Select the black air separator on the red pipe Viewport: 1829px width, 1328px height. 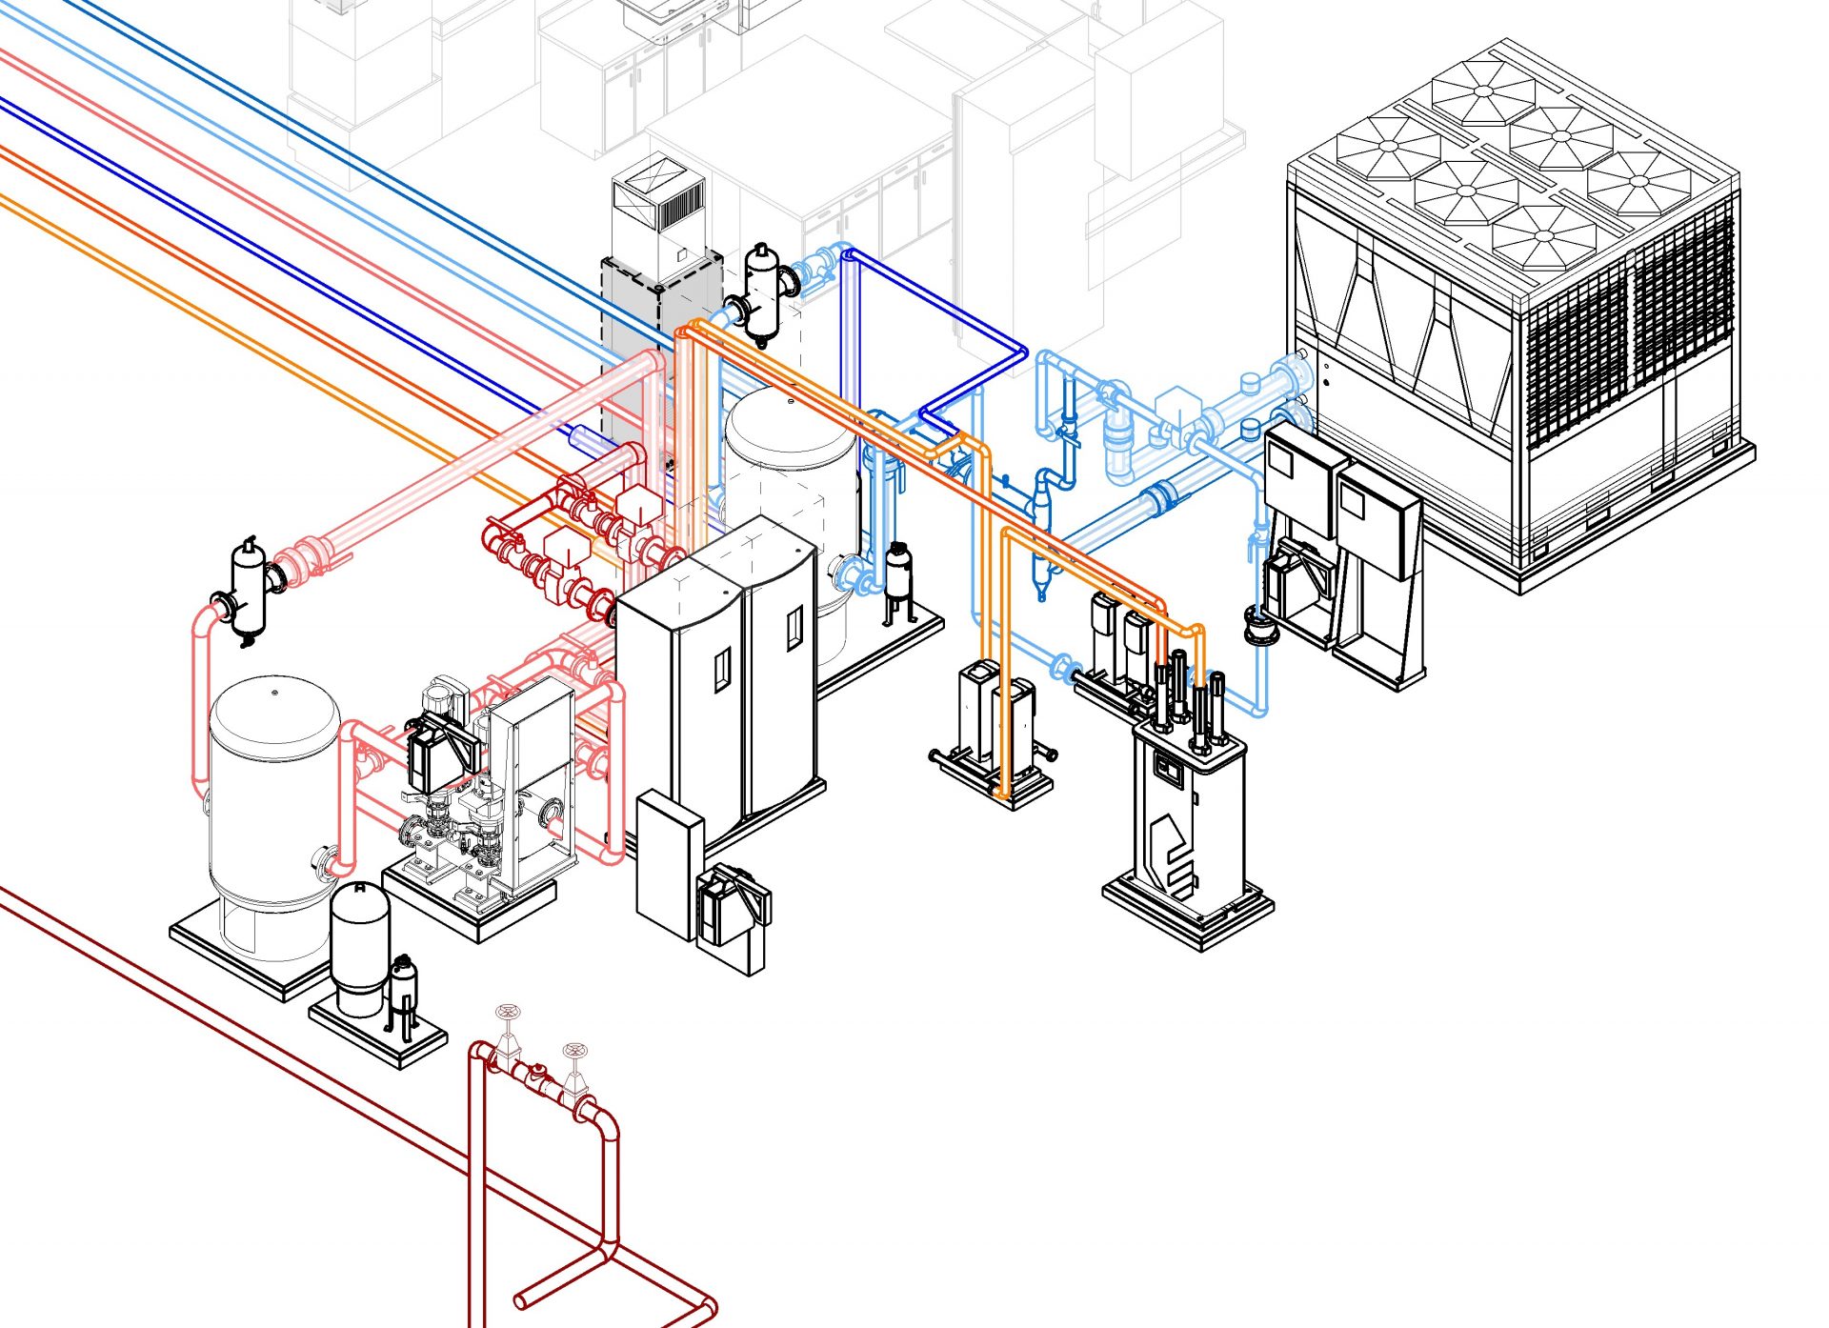pyautogui.click(x=249, y=589)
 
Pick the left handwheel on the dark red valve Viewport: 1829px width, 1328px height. pyautogui.click(x=508, y=1012)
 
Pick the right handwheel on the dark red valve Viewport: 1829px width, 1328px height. pyautogui.click(x=574, y=1051)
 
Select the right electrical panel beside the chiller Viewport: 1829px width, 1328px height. pyautogui.click(x=1377, y=519)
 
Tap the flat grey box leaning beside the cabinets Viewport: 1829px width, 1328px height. pyautogui.click(x=668, y=862)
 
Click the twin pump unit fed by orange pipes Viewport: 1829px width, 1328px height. pyautogui.click(x=995, y=734)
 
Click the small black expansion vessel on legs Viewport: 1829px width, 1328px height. pyautogui.click(x=898, y=576)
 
